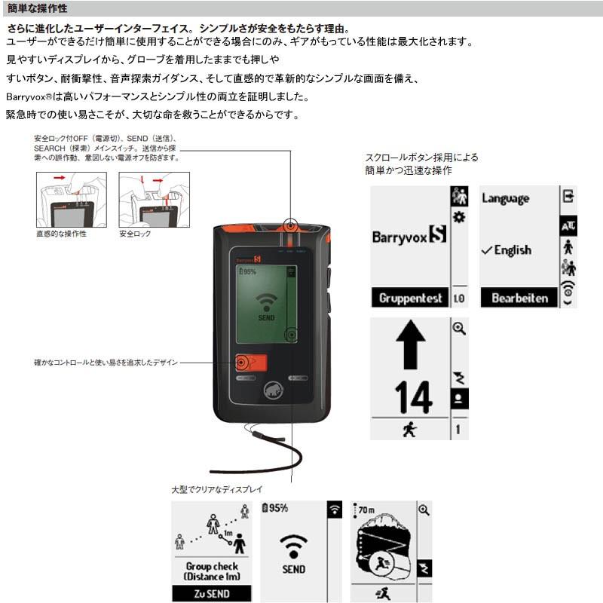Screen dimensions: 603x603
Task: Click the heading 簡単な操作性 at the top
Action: (x=37, y=9)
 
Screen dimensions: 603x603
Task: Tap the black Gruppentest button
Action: (x=410, y=298)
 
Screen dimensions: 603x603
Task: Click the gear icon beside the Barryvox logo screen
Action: (x=458, y=217)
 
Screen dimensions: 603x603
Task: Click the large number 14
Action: (x=412, y=397)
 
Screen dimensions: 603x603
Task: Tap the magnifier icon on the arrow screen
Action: (x=458, y=329)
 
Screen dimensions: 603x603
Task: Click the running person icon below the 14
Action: (x=409, y=430)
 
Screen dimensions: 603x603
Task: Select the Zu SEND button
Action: (x=211, y=593)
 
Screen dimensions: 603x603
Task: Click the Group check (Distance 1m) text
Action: (x=211, y=571)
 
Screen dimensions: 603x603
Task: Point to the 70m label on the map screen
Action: (x=366, y=510)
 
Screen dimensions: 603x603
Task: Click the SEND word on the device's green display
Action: (x=266, y=318)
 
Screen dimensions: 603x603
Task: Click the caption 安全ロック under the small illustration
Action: (x=135, y=234)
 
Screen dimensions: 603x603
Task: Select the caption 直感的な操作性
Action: (x=61, y=234)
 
